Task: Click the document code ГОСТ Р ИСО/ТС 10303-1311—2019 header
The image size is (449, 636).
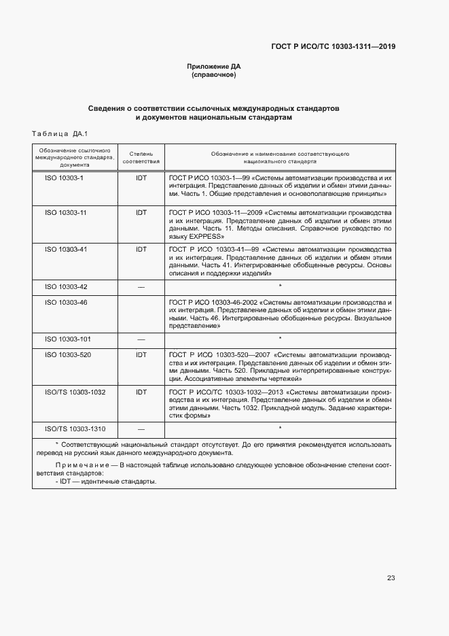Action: coord(333,47)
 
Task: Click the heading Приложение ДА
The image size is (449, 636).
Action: coord(214,67)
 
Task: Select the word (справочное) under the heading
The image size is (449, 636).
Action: coord(214,75)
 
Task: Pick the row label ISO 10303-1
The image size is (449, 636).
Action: coord(64,177)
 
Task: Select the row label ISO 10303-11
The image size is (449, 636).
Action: coord(66,213)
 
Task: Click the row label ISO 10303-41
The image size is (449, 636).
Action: coord(66,249)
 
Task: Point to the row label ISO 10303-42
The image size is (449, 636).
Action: coord(66,286)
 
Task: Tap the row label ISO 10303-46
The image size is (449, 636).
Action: coord(66,301)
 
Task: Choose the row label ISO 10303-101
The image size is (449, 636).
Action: coord(68,339)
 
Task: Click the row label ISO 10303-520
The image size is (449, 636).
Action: coord(68,354)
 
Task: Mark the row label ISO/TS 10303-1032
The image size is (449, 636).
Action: coord(75,392)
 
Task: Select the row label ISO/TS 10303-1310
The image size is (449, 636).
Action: coord(75,429)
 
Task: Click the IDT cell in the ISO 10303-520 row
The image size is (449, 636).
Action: coord(141,354)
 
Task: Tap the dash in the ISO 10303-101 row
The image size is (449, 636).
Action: coord(141,339)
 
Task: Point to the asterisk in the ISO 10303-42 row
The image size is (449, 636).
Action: coord(280,286)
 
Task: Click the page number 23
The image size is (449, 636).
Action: coord(391,578)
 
